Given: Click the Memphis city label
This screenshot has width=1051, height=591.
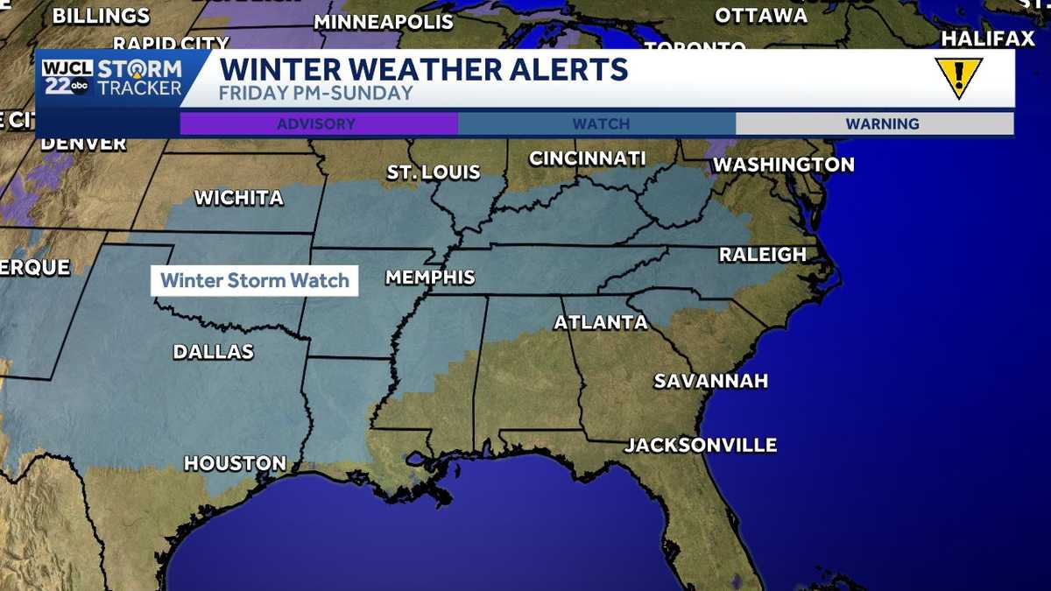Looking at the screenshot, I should pyautogui.click(x=430, y=278).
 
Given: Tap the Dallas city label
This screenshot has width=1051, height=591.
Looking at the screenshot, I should pyautogui.click(x=213, y=352).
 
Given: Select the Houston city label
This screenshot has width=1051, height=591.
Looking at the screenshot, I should pyautogui.click(x=235, y=463).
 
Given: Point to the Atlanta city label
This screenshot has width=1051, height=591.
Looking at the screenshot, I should pyautogui.click(x=601, y=322).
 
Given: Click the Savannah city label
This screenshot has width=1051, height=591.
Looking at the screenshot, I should pyautogui.click(x=710, y=381).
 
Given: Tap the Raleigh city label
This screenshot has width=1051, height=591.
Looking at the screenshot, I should pyautogui.click(x=762, y=255).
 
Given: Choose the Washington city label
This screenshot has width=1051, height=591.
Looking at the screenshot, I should pyautogui.click(x=783, y=165).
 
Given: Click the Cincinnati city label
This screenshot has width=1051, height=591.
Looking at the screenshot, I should pyautogui.click(x=587, y=158).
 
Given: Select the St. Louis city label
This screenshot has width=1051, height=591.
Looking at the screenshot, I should pyautogui.click(x=434, y=172).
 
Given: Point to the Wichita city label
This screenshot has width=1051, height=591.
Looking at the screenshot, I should pyautogui.click(x=238, y=198).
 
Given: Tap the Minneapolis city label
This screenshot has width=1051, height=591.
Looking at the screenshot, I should pyautogui.click(x=383, y=22).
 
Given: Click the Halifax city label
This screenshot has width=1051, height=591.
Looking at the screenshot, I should pyautogui.click(x=988, y=39).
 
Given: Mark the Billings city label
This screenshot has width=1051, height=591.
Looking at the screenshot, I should pyautogui.click(x=101, y=16).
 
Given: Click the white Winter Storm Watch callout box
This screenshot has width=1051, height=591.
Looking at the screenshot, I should pyautogui.click(x=255, y=281).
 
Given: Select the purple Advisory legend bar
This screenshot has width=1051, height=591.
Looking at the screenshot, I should pyautogui.click(x=318, y=124).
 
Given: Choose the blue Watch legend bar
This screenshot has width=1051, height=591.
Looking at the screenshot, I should pyautogui.click(x=600, y=124).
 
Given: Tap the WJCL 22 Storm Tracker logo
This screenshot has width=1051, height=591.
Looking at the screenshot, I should pyautogui.click(x=112, y=78).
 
